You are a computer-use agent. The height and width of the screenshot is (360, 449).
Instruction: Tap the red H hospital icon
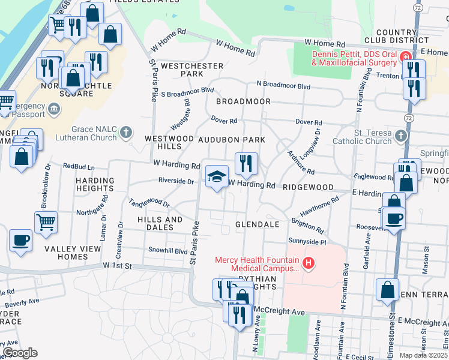309,262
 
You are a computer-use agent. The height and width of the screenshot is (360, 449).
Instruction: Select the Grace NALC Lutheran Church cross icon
126,132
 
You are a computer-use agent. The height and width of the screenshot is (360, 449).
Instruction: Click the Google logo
20,353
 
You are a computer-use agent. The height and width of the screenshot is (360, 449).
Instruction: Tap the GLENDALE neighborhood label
258,224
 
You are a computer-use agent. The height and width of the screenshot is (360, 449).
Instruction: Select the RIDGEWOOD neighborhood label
307,187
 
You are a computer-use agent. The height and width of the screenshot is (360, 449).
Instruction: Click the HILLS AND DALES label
160,223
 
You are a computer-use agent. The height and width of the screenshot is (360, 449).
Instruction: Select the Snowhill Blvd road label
169,251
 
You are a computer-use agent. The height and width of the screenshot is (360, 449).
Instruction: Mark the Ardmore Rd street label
301,163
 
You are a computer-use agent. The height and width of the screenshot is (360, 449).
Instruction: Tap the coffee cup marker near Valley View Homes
21,241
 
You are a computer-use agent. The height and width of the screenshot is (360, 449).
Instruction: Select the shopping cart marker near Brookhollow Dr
46,222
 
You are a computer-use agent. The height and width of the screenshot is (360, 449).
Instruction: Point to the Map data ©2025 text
424,355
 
